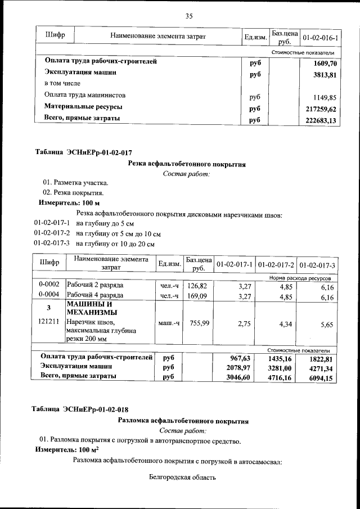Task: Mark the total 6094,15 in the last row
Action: point(322,379)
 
